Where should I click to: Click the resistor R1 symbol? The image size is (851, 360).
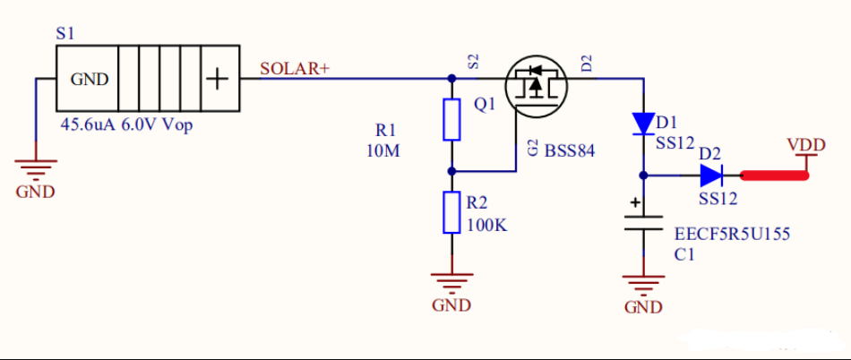[451, 120]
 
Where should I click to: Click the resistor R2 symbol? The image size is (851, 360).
[451, 211]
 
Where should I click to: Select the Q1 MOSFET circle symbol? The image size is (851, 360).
[537, 87]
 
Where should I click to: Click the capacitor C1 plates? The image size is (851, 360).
[642, 224]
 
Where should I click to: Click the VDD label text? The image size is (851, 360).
[806, 144]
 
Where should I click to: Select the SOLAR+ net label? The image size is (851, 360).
[295, 69]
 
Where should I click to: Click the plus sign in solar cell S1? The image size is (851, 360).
[218, 79]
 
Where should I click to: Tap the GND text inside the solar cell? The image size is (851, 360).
[90, 79]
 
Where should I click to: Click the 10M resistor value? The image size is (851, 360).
[383, 150]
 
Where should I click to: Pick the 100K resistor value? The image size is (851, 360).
[487, 226]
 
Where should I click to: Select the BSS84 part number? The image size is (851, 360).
[571, 150]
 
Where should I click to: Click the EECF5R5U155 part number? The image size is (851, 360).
[731, 234]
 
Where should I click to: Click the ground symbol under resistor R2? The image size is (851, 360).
[451, 279]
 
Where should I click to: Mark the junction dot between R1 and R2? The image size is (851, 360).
[451, 170]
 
